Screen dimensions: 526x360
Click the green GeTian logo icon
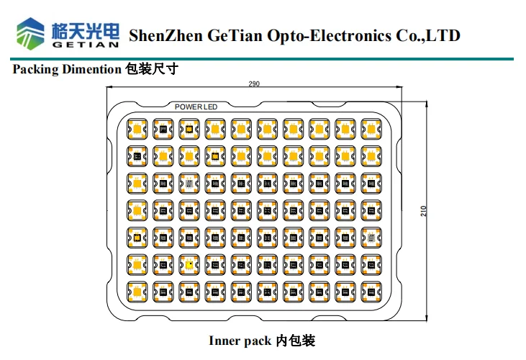click(30, 34)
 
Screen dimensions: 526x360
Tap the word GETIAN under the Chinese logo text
click(85, 45)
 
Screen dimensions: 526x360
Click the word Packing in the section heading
click(36, 70)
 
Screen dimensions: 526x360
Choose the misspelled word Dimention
click(91, 70)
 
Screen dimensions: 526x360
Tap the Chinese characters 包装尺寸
click(151, 70)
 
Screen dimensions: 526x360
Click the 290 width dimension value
click(254, 84)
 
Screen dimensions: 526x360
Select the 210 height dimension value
click(424, 211)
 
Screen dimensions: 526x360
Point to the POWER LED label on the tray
click(196, 107)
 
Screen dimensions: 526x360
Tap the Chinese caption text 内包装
click(296, 341)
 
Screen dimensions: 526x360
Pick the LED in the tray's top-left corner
click(137, 129)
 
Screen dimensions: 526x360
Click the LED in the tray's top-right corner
click(370, 129)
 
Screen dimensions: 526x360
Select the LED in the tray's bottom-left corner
click(137, 292)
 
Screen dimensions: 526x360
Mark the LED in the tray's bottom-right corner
click(370, 292)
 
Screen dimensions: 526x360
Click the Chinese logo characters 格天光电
click(85, 30)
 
